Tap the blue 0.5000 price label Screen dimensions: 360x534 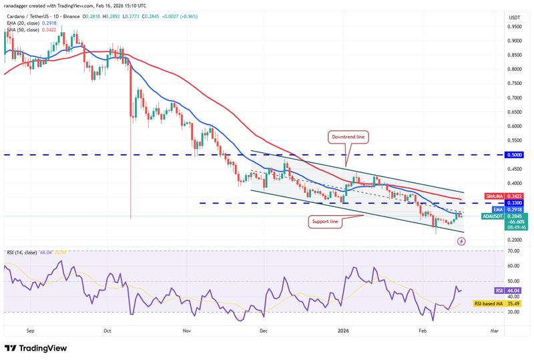coord(514,154)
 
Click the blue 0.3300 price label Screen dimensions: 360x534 coord(514,202)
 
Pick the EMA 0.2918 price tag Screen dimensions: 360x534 coord(514,209)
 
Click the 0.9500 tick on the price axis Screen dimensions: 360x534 coord(514,27)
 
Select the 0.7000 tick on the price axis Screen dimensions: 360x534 coord(514,98)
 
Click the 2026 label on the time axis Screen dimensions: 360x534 coord(343,330)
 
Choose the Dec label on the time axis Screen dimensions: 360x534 coord(264,330)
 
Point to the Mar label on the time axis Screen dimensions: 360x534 coord(495,330)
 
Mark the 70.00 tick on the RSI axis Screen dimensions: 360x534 coord(514,250)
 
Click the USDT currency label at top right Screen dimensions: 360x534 coord(514,17)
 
